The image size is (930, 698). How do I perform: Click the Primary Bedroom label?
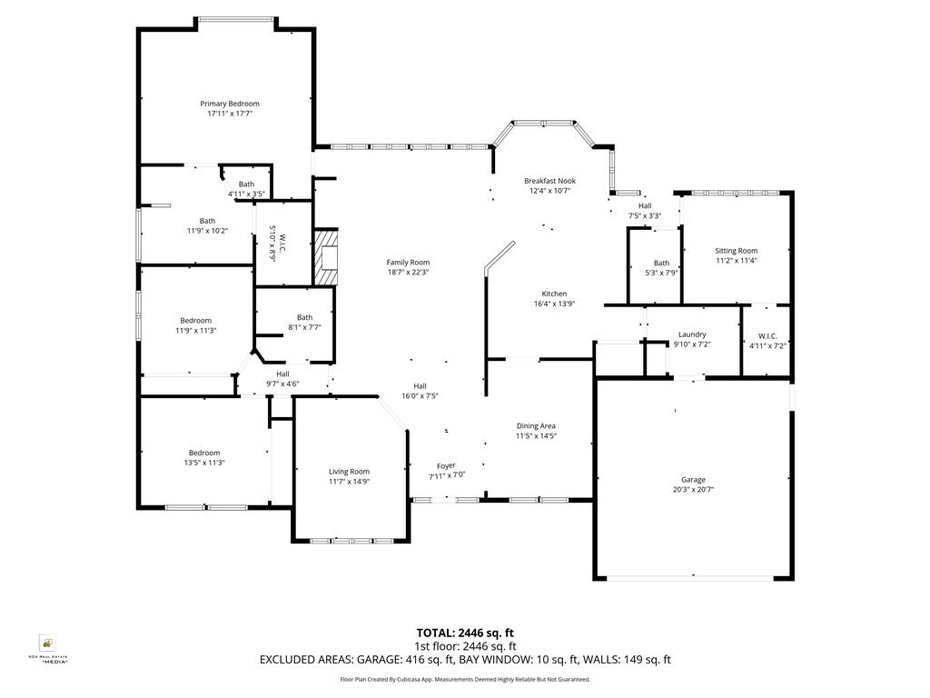230,104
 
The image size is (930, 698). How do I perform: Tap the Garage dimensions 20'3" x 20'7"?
693,490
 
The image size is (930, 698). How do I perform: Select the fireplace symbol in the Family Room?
325,258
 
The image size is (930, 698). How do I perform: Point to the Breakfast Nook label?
549,181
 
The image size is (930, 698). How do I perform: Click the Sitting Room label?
736,251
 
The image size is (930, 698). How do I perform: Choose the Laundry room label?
692,334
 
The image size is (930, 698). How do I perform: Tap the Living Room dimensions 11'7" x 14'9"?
349,482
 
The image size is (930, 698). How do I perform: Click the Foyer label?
446,465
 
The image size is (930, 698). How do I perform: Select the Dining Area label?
536,425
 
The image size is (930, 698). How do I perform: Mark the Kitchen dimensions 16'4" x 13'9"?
554,304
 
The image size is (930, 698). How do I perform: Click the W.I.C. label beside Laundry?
767,334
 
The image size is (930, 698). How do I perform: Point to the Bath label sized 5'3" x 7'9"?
661,263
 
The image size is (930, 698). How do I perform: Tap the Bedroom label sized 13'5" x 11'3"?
204,453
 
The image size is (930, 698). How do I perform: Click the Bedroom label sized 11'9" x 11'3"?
195,320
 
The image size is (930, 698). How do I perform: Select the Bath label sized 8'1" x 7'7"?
304,317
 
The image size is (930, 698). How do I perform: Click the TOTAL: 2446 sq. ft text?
465,633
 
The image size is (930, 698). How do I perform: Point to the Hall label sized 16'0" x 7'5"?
420,385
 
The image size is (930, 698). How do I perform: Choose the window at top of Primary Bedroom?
237,19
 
